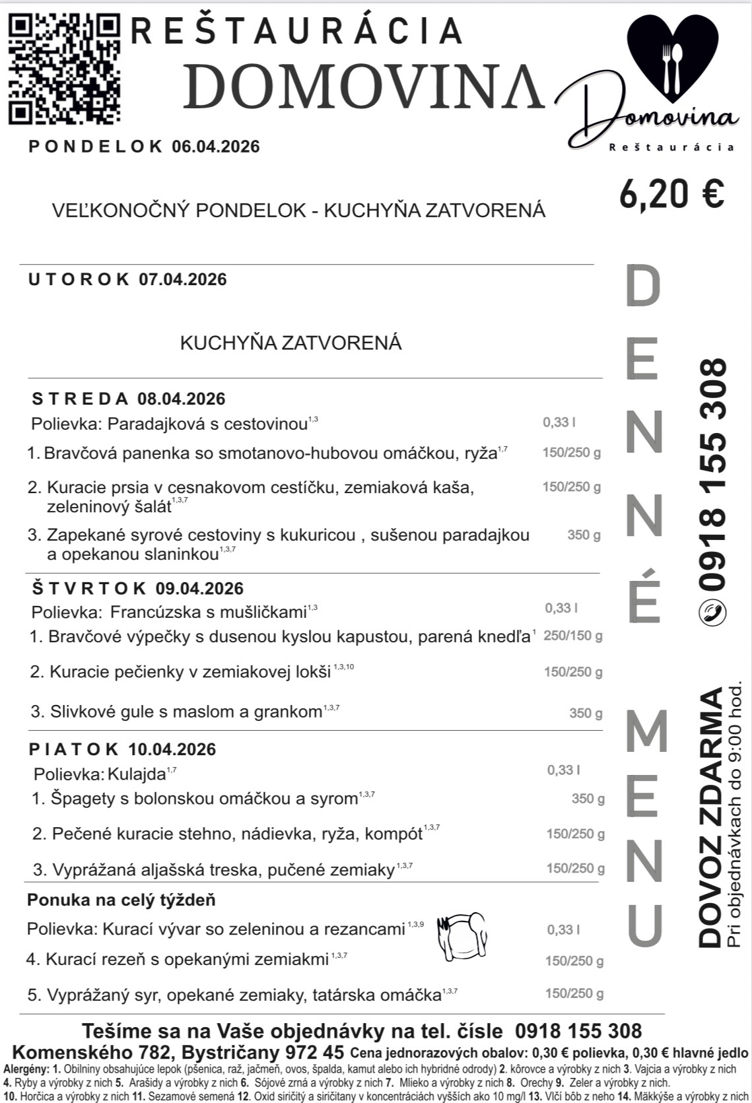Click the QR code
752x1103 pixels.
(x=64, y=69)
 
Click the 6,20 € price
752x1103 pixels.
(x=672, y=193)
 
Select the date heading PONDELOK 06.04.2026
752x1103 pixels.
(x=144, y=147)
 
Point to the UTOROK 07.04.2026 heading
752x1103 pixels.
(x=127, y=279)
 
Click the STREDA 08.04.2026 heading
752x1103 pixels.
(x=129, y=399)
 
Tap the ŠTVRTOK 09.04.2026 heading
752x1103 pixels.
(x=138, y=588)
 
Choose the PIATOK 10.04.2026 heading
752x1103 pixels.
(x=123, y=749)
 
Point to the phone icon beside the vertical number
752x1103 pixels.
(x=712, y=613)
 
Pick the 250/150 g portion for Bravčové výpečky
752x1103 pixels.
(x=572, y=636)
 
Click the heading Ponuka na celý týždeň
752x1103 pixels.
(x=121, y=900)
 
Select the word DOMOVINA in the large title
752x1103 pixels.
(x=365, y=86)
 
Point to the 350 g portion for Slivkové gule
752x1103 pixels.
(x=586, y=713)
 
